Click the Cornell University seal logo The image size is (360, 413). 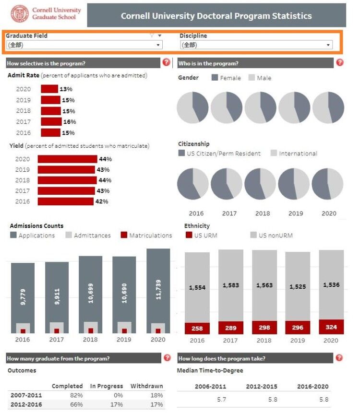pos(20,14)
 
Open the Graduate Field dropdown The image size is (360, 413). pos(84,45)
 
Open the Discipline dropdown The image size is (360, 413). pos(256,45)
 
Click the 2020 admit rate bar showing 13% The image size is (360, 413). pos(49,89)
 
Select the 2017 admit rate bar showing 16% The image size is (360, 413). pos(51,122)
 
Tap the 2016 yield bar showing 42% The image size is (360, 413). pos(65,201)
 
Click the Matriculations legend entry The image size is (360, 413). pos(146,236)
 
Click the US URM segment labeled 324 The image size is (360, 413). pos(331,327)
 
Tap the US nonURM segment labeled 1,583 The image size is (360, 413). pos(230,285)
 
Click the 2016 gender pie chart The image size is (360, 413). pos(192,107)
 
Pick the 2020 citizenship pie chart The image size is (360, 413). pos(328,184)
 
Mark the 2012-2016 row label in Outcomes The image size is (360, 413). pos(26,405)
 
